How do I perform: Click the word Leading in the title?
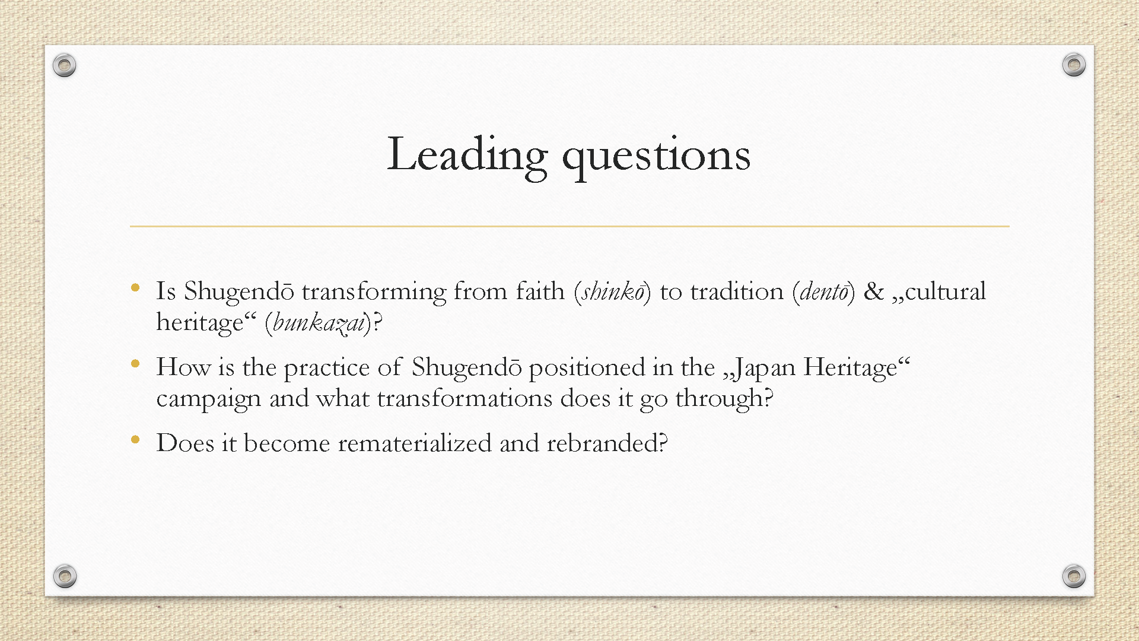[x=467, y=156]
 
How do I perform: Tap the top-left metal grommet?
[x=64, y=65]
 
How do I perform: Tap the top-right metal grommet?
[x=1074, y=64]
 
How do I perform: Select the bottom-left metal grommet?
[x=65, y=576]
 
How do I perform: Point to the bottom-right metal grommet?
[x=1074, y=576]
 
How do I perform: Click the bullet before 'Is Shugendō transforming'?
[x=135, y=288]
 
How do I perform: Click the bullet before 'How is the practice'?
[x=135, y=364]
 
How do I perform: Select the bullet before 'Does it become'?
[x=135, y=440]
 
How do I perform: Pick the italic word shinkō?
[x=613, y=291]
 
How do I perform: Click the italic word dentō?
[x=824, y=291]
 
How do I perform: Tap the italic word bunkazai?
[x=319, y=323]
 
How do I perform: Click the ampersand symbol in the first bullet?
[x=873, y=291]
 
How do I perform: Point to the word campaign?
[x=209, y=399]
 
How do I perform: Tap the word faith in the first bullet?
[x=540, y=291]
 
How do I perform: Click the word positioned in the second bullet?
[x=587, y=368]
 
